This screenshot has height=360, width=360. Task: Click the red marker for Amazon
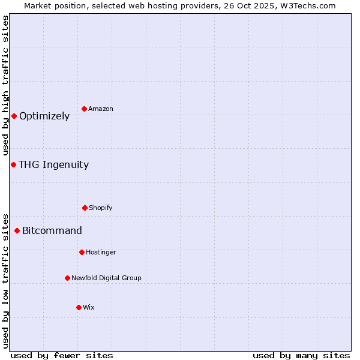point(85,109)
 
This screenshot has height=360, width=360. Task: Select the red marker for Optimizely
point(14,116)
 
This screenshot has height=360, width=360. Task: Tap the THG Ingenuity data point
point(13,164)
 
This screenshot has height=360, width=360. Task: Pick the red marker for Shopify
point(85,208)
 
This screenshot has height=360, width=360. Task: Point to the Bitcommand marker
point(17,230)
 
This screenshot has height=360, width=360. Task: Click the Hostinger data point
point(82,252)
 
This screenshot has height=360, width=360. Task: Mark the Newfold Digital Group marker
point(67,278)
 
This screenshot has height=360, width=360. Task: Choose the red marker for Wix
point(79,307)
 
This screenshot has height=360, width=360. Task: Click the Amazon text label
point(101,109)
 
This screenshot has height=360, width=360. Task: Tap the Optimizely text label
point(44,116)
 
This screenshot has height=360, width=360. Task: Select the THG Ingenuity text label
point(53,165)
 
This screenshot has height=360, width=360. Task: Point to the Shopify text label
point(101,208)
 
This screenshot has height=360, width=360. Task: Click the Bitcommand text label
point(52,231)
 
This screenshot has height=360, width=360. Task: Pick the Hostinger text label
point(101,252)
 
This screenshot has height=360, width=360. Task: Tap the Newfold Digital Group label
point(106,278)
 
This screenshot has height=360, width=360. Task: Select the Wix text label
point(89,307)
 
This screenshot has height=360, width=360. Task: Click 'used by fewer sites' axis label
point(62,355)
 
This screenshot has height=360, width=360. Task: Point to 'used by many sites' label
point(301,355)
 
